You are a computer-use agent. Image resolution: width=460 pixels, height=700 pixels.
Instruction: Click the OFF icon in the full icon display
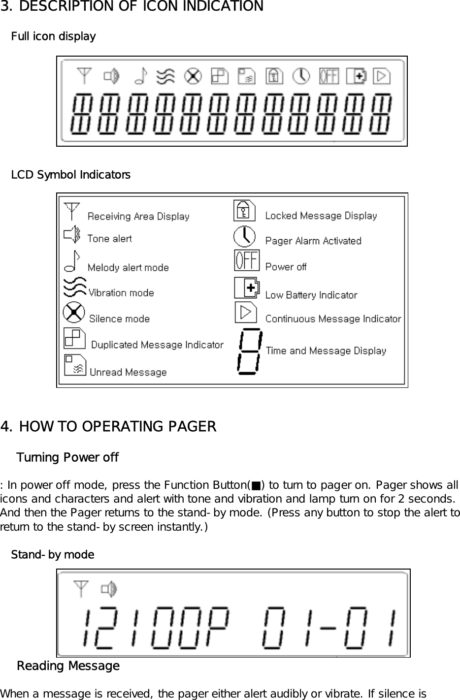coord(329,76)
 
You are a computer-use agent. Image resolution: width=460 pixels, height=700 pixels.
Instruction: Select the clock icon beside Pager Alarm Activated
coord(245,236)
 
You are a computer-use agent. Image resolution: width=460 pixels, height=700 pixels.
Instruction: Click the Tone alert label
coord(109,239)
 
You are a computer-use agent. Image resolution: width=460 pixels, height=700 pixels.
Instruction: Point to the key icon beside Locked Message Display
coord(244,211)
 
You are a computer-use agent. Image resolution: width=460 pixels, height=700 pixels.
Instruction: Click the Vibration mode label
coord(121,293)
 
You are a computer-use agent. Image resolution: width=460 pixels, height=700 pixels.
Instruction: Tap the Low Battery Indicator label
coord(311,295)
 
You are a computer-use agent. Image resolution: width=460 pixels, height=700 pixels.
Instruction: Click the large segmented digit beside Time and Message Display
coord(249,351)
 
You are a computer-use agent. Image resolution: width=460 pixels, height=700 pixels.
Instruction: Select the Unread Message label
coord(128,372)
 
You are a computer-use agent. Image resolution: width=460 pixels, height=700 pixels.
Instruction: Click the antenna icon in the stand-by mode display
coord(81,589)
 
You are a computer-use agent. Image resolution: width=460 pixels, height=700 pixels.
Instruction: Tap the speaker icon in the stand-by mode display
coord(109,589)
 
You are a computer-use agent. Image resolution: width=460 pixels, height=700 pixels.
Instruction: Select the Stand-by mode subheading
coord(52,555)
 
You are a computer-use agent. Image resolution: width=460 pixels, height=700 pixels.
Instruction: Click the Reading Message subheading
coord(68,666)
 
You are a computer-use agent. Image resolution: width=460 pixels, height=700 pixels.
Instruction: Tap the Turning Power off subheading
coord(67,457)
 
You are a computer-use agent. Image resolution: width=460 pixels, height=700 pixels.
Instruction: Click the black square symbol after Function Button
coord(255,485)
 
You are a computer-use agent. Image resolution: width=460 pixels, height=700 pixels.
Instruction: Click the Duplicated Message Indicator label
coord(157,345)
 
